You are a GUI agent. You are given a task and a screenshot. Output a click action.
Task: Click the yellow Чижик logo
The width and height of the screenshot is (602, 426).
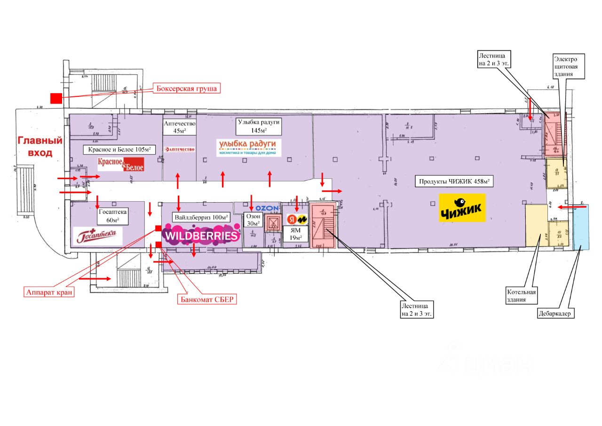pos(461,209)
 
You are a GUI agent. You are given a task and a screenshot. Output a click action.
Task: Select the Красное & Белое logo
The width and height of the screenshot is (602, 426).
pos(120,164)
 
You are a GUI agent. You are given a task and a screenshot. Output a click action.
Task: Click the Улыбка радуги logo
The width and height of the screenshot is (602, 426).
pos(249,147)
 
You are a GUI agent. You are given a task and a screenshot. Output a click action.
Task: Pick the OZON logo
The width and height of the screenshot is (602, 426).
pos(268,208)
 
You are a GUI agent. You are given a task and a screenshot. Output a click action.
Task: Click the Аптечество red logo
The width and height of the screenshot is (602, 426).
pos(179,149)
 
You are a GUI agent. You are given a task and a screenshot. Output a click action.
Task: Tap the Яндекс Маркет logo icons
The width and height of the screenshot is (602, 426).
pos(297,220)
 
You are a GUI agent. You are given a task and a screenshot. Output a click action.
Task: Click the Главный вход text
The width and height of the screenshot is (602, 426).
pos(40,146)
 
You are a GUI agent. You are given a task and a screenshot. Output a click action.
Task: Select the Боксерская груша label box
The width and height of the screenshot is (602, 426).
pos(187,88)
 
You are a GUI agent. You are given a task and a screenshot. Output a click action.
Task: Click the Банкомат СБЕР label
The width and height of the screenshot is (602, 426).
pos(206,299)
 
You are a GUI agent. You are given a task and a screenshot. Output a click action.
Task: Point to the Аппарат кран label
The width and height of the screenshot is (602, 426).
pos(49,292)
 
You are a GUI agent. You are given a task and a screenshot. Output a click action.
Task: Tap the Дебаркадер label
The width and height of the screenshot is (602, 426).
pos(556,314)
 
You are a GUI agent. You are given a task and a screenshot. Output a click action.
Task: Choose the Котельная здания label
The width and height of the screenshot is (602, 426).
pos(521,295)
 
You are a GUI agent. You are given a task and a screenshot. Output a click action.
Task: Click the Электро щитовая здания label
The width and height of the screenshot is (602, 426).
pos(569,66)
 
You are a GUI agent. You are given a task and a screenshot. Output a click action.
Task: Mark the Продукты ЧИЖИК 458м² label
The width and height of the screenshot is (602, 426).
pos(453,181)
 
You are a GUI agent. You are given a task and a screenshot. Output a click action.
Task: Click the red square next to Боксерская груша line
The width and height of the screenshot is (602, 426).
pos(56,98)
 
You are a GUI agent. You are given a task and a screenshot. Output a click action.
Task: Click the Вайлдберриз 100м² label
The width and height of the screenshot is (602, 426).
pos(201,218)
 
